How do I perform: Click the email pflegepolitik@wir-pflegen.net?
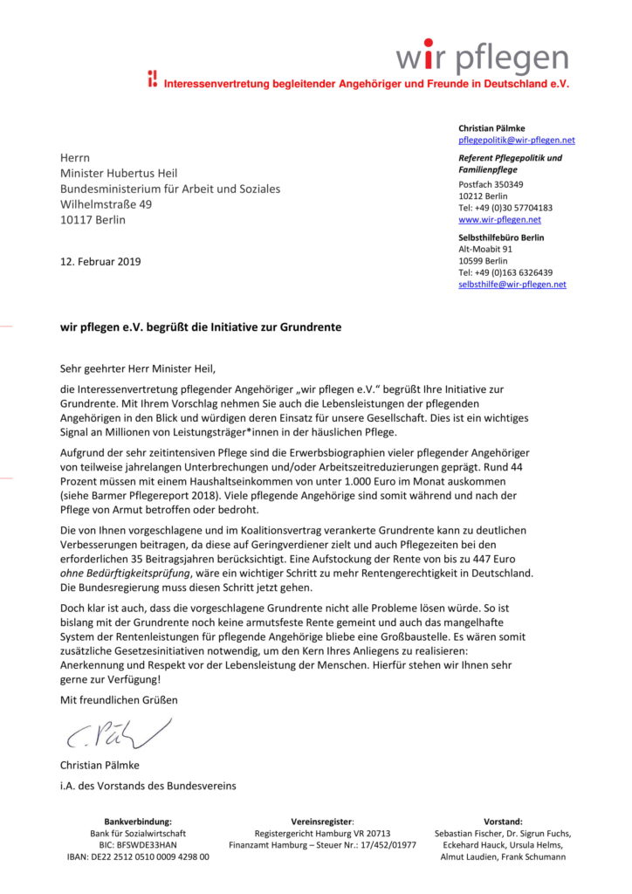[516, 140]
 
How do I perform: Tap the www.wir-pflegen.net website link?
[499, 220]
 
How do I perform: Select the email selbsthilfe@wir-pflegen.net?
[512, 285]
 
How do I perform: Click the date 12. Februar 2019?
[100, 262]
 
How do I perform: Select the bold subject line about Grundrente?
[201, 327]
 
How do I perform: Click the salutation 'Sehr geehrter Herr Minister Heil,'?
[137, 369]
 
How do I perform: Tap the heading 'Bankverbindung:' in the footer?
[138, 822]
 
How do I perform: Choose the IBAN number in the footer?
[138, 857]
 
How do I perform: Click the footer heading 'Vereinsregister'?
[322, 822]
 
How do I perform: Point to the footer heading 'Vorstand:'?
[502, 822]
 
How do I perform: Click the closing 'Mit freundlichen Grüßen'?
[119, 700]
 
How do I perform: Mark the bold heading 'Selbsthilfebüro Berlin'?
[501, 237]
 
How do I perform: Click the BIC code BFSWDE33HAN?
[138, 845]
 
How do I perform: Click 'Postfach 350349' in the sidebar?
[491, 185]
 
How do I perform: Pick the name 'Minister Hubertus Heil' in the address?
[119, 173]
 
